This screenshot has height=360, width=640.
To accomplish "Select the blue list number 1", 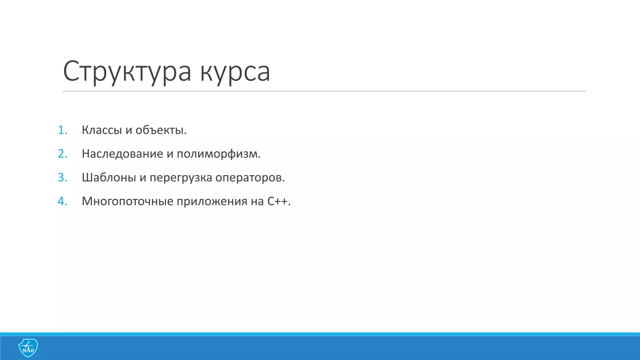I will click(62, 130).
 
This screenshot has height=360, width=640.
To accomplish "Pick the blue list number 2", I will click(62, 154).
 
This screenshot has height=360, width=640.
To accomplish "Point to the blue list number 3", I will click(62, 177).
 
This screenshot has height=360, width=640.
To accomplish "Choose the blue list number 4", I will click(62, 201).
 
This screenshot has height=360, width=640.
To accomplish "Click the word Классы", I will click(102, 130).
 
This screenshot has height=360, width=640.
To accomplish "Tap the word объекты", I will click(161, 130).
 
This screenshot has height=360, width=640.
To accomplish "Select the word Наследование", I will click(122, 154).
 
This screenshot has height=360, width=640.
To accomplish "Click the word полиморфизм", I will click(218, 154).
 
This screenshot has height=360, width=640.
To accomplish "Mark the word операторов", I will click(250, 177).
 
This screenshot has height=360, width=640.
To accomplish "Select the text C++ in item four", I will click(277, 201).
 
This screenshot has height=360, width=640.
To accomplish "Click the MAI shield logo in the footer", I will click(28, 348).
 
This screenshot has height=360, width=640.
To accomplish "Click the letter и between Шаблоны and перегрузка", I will click(143, 178).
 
